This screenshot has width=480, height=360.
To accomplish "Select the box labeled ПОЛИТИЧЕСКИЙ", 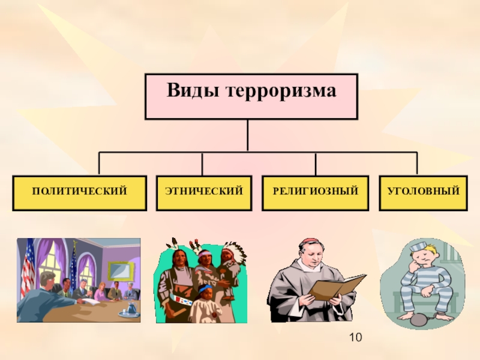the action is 79,192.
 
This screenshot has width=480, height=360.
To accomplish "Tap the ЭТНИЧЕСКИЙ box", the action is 204,192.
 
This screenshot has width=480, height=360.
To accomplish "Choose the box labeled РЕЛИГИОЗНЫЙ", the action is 315,192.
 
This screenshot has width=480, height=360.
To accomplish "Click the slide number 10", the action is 355,339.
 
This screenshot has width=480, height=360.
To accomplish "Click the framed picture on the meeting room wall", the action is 121,271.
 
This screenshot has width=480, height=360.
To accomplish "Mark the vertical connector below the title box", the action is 248,135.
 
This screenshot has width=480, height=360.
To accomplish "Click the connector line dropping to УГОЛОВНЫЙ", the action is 417,164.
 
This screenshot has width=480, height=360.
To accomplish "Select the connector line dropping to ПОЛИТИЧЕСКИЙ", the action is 100,164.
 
